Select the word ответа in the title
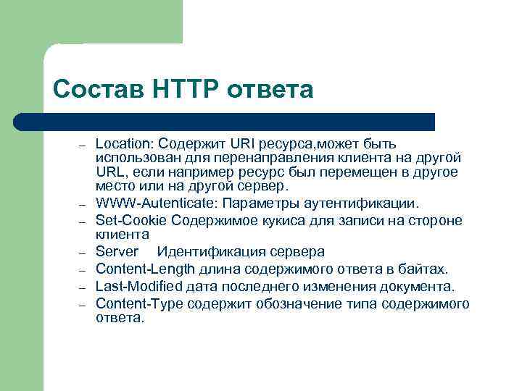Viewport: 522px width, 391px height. [270, 89]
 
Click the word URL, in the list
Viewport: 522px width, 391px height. [111, 172]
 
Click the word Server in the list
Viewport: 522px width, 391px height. [117, 251]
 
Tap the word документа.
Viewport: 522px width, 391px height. [418, 286]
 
